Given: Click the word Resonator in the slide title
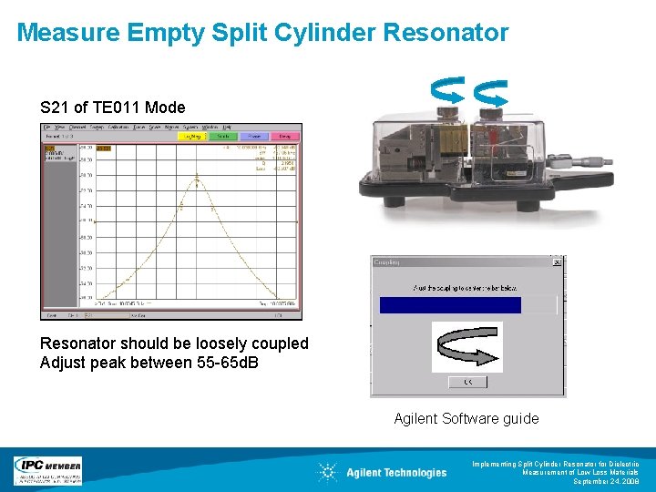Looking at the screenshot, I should [x=446, y=34].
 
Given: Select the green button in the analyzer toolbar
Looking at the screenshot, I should [x=223, y=136].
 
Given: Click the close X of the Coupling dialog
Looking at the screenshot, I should [x=558, y=262].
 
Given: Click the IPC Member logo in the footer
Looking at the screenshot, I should [x=47, y=470].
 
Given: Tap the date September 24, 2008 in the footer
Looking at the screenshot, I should [x=606, y=481].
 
